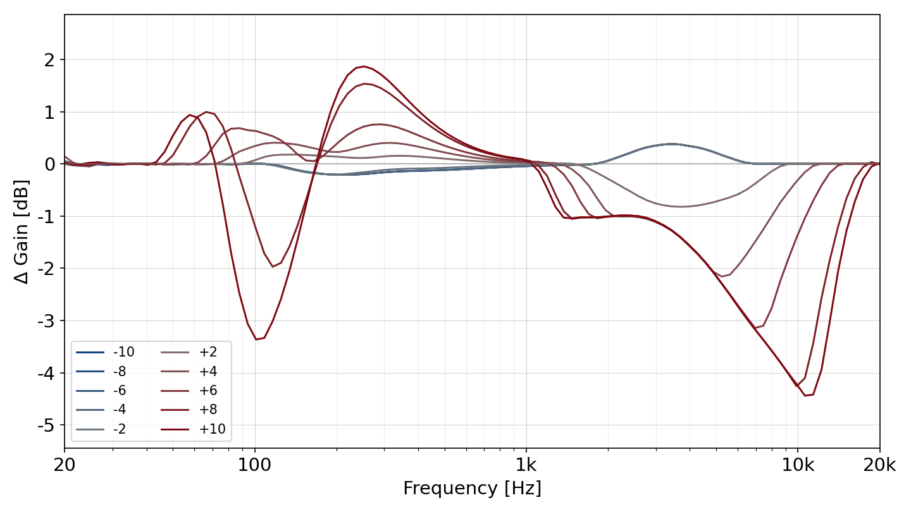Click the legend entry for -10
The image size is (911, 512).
click(105, 352)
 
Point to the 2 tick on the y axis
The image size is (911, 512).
click(49, 60)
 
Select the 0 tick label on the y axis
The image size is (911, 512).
click(49, 164)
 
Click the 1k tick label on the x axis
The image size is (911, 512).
click(526, 465)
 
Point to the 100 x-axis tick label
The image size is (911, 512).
click(254, 465)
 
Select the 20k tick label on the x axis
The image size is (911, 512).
click(879, 465)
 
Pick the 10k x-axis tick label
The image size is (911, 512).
click(798, 465)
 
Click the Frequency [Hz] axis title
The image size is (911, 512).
click(472, 488)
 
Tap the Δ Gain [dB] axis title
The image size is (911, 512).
click(21, 231)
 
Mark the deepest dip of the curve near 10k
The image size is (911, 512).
click(805, 396)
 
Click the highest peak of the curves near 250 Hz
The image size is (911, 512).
click(364, 66)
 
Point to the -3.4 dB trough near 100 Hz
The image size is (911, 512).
click(256, 339)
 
